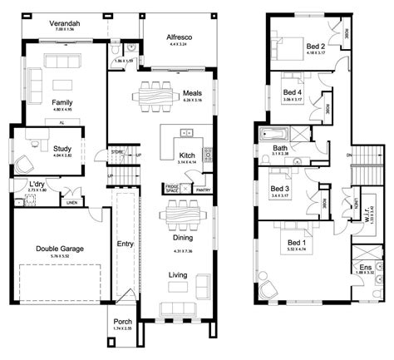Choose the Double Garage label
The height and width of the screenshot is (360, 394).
(57, 248)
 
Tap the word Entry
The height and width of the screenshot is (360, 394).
(125, 244)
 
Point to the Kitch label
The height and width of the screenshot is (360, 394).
(187, 155)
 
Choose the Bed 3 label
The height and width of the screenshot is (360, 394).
(279, 189)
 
